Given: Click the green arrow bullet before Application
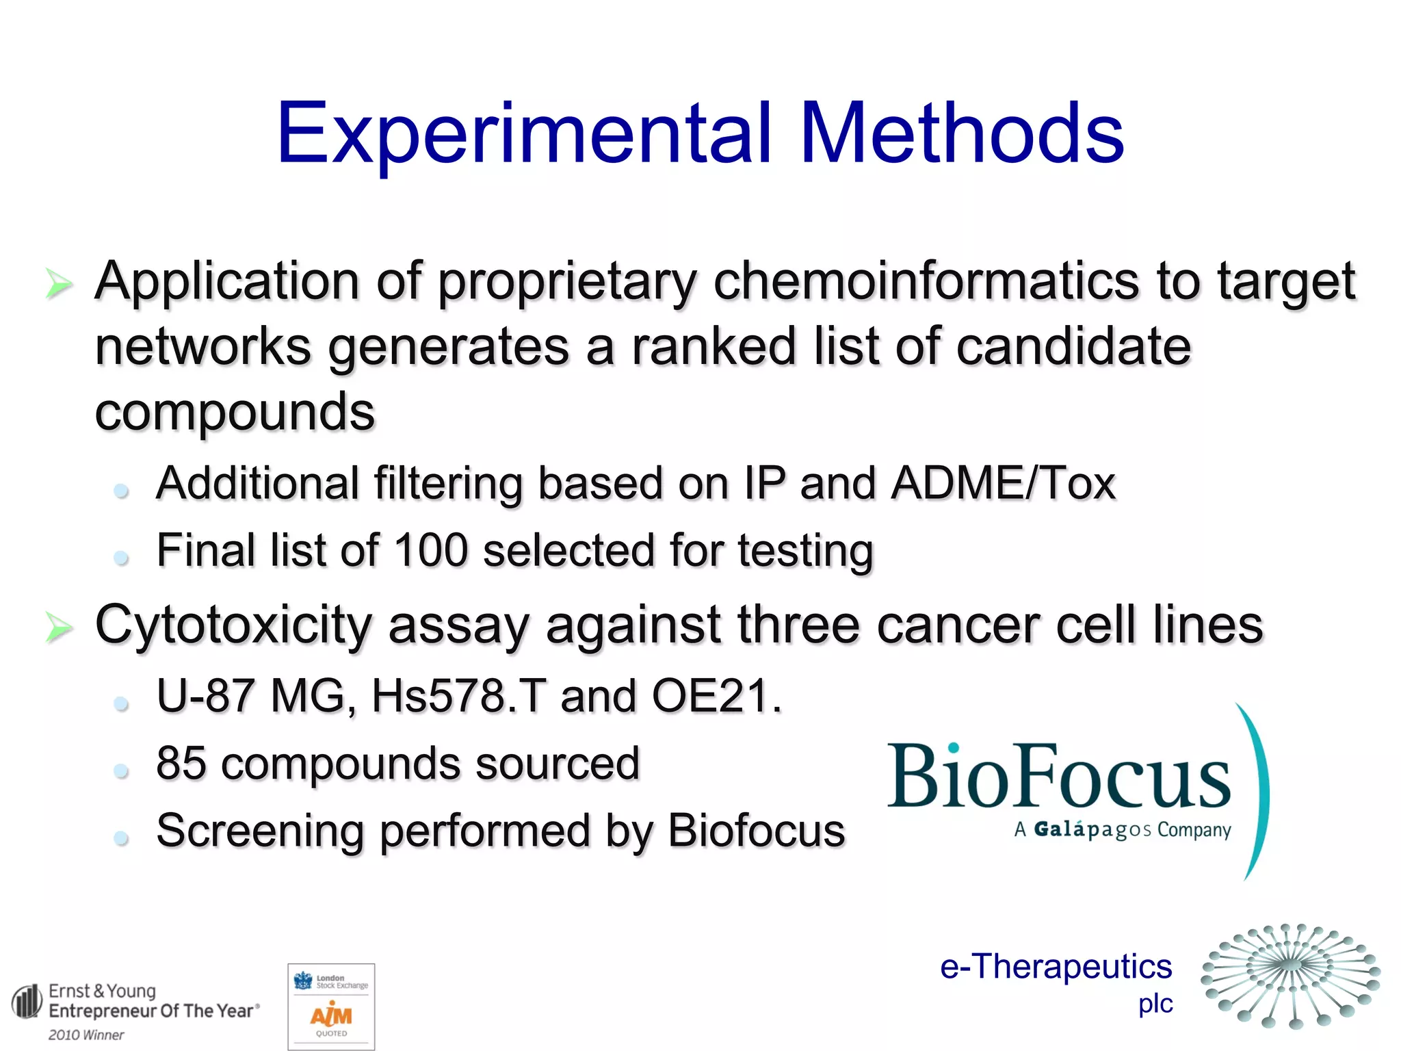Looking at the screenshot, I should (x=60, y=283).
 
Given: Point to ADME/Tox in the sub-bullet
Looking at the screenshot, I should (x=1003, y=483).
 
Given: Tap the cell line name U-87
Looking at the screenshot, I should (x=205, y=696).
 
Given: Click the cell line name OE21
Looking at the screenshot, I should (x=715, y=696).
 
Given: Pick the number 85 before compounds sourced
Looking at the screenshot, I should (x=181, y=764).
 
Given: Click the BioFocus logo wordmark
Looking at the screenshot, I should (x=1058, y=777).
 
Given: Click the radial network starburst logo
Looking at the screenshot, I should (x=1290, y=975).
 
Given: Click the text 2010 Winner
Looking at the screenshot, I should (x=86, y=1035).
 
